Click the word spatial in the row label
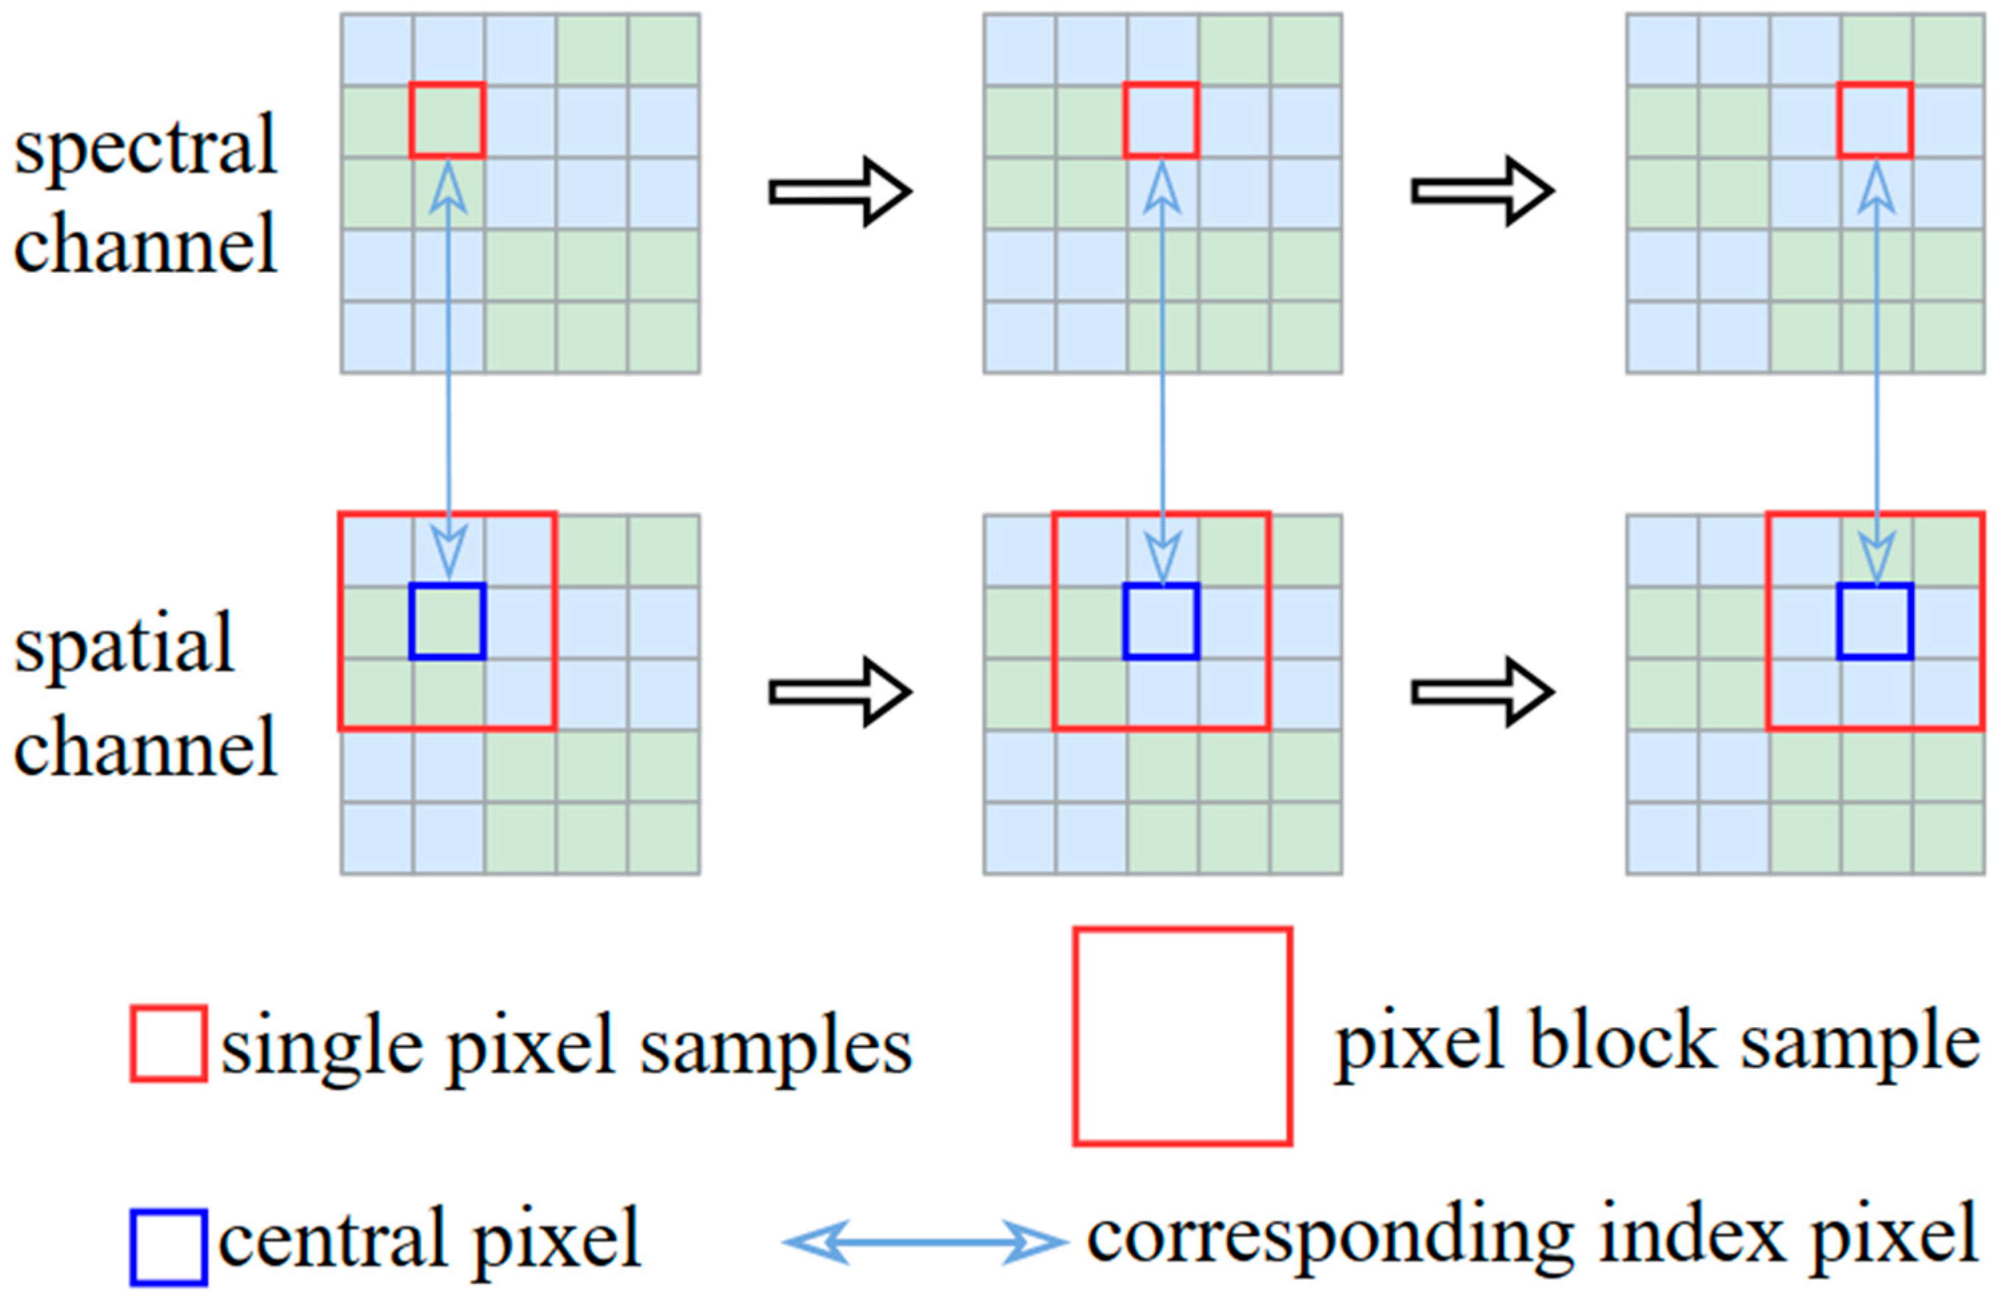[x=124, y=644]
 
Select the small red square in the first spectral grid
[x=447, y=121]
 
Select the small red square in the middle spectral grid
[x=1161, y=121]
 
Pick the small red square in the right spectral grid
[x=1875, y=121]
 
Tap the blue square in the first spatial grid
[x=447, y=622]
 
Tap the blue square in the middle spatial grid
[x=1161, y=622]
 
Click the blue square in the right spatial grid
[x=1875, y=622]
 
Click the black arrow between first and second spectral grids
[x=840, y=191]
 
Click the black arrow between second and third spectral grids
[x=1482, y=191]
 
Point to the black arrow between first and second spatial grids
[x=840, y=692]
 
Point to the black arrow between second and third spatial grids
[x=1482, y=692]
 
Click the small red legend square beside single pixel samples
[x=169, y=1043]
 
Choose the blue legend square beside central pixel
[x=169, y=1248]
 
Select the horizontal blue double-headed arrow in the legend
[x=924, y=1242]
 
